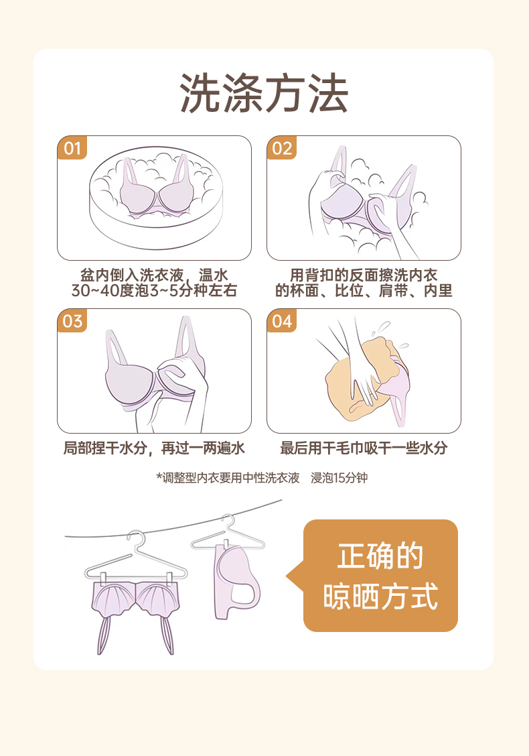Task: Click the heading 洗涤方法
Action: tap(264, 94)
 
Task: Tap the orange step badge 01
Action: tap(72, 148)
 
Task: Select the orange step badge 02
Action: tap(282, 148)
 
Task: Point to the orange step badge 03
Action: tap(72, 320)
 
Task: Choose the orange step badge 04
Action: tap(282, 320)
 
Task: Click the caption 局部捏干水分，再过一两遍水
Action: tap(154, 448)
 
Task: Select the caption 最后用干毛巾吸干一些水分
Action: tap(364, 448)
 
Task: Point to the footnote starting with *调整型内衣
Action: tap(262, 478)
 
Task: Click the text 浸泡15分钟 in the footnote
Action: tap(339, 478)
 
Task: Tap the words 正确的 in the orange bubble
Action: tap(380, 556)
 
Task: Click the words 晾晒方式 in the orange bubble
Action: tap(380, 596)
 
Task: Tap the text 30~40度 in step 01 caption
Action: tap(102, 291)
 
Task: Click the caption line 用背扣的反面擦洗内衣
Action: tap(364, 275)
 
